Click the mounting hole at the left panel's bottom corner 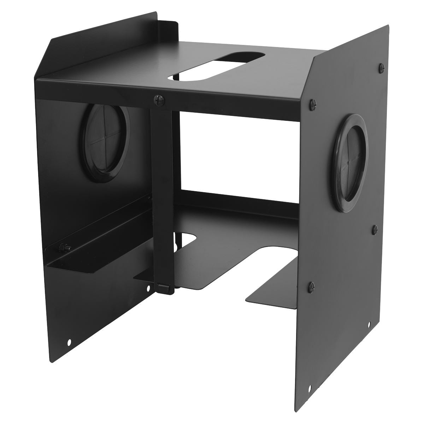coord(69,342)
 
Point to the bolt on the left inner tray coord(65,248)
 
